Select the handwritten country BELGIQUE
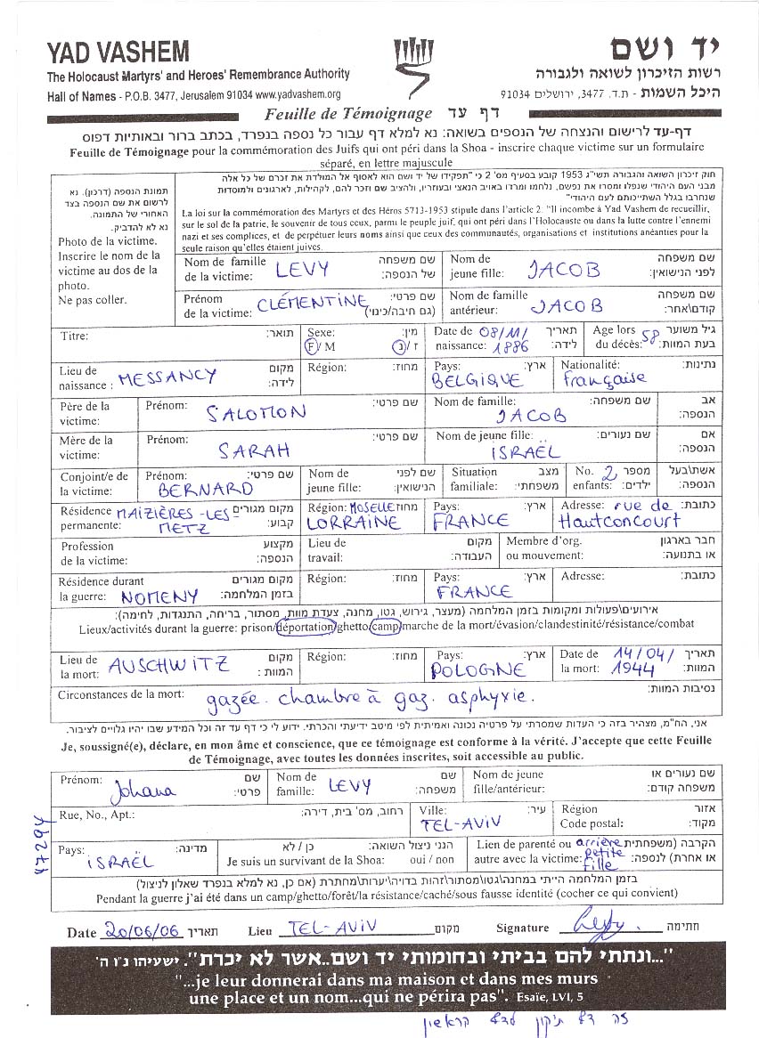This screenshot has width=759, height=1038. [x=477, y=381]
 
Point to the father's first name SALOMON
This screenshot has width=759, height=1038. [x=257, y=413]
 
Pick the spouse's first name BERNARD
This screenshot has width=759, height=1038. [x=206, y=489]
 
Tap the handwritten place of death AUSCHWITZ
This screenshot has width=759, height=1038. [x=169, y=665]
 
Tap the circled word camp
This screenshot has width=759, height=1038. [x=384, y=627]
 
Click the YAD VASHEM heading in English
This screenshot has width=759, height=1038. [x=118, y=52]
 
